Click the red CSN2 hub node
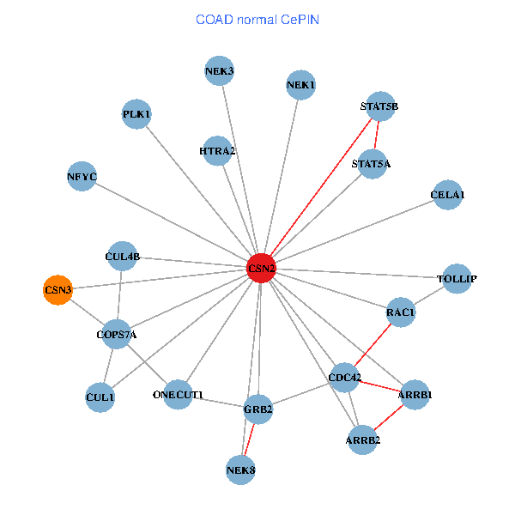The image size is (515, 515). pyautogui.click(x=261, y=269)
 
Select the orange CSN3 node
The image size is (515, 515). pyautogui.click(x=58, y=290)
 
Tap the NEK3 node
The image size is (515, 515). pyautogui.click(x=219, y=70)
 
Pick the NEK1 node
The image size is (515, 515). pyautogui.click(x=300, y=85)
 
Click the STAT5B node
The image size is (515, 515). pyautogui.click(x=379, y=106)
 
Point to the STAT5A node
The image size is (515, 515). pyautogui.click(x=371, y=164)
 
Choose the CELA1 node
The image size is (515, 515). pyautogui.click(x=447, y=195)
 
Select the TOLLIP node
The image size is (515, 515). pyautogui.click(x=456, y=279)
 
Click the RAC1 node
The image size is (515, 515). pyautogui.click(x=400, y=312)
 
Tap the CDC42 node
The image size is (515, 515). pyautogui.click(x=345, y=377)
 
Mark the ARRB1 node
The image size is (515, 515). pyautogui.click(x=415, y=395)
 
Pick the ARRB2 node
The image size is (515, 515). pyautogui.click(x=362, y=440)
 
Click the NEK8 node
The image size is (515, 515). pyautogui.click(x=241, y=470)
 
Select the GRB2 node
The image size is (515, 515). pyautogui.click(x=257, y=409)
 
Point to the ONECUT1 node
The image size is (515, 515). pyautogui.click(x=178, y=395)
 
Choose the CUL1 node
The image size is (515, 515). pyautogui.click(x=100, y=397)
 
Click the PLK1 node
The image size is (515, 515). pyautogui.click(x=136, y=113)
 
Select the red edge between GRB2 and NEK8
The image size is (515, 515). pyautogui.click(x=250, y=439)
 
